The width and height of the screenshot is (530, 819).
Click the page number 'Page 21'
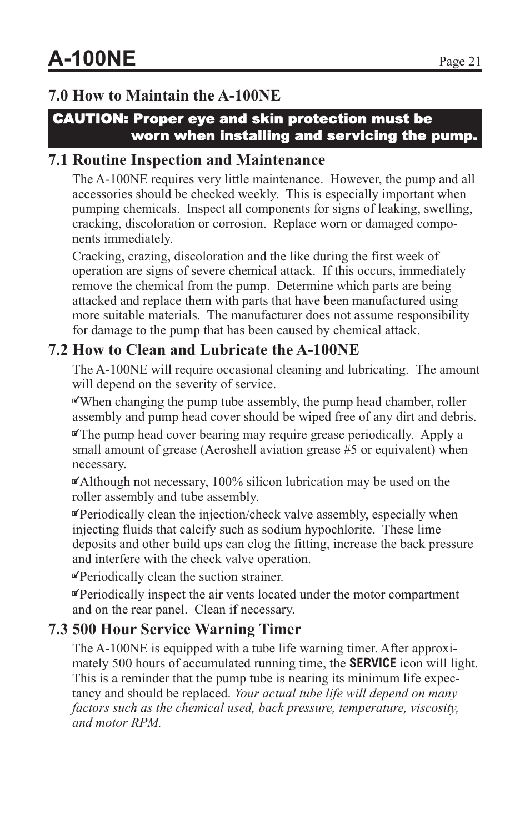[459, 62]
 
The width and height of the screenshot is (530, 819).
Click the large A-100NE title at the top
[92, 58]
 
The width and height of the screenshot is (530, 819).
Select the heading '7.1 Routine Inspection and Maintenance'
[187, 160]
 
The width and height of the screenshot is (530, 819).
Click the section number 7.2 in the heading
[58, 350]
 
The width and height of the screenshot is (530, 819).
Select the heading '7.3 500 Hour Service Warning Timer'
[174, 629]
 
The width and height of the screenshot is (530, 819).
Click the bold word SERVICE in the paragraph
[372, 663]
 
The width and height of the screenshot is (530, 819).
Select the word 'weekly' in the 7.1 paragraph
[259, 194]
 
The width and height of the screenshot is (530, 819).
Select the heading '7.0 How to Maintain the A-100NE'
[164, 96]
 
